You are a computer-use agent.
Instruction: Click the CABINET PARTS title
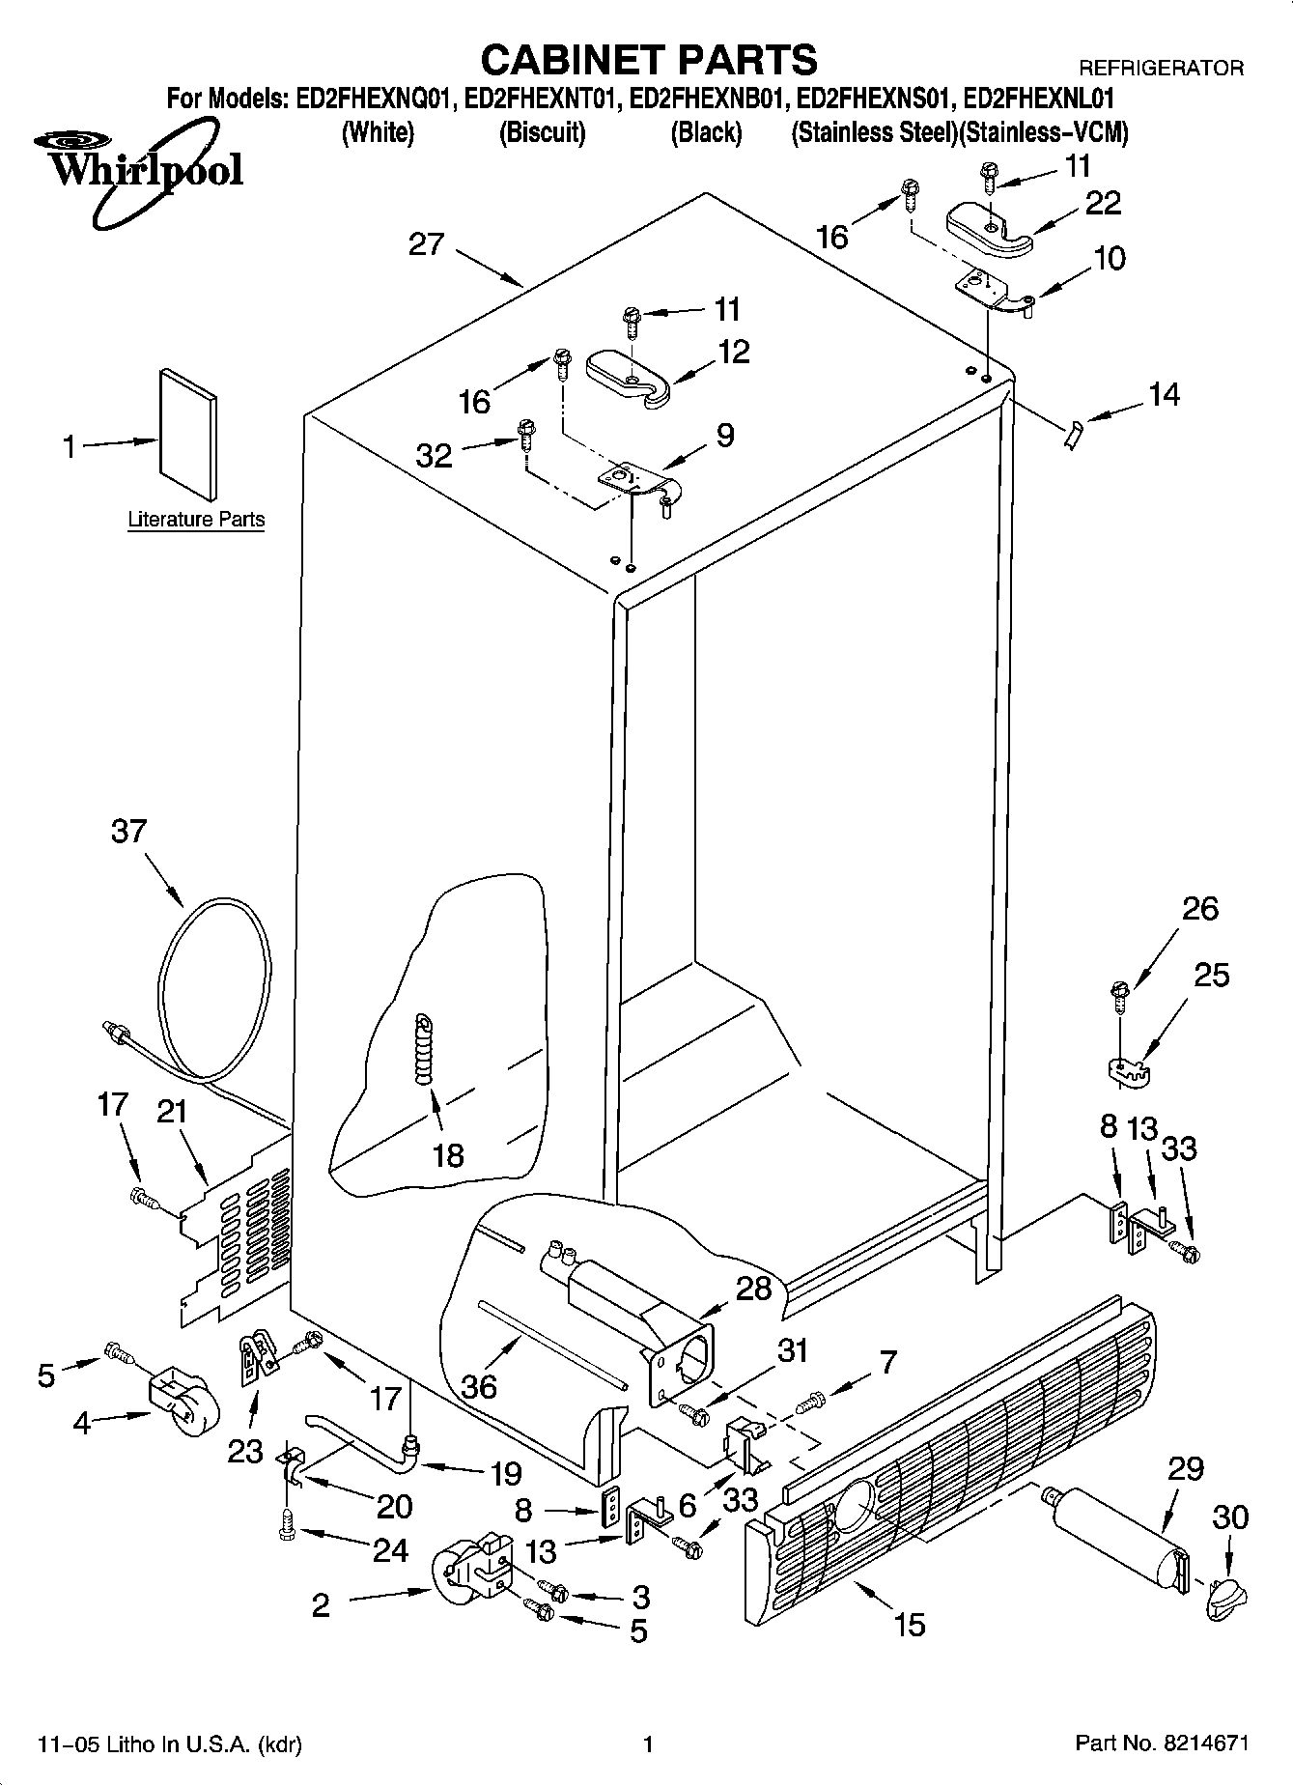(648, 60)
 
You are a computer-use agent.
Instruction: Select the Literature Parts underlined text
(196, 520)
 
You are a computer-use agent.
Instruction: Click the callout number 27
(425, 244)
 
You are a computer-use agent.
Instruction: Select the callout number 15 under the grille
(909, 1624)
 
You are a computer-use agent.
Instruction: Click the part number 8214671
(1206, 1743)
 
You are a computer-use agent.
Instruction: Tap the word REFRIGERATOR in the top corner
(1160, 69)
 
